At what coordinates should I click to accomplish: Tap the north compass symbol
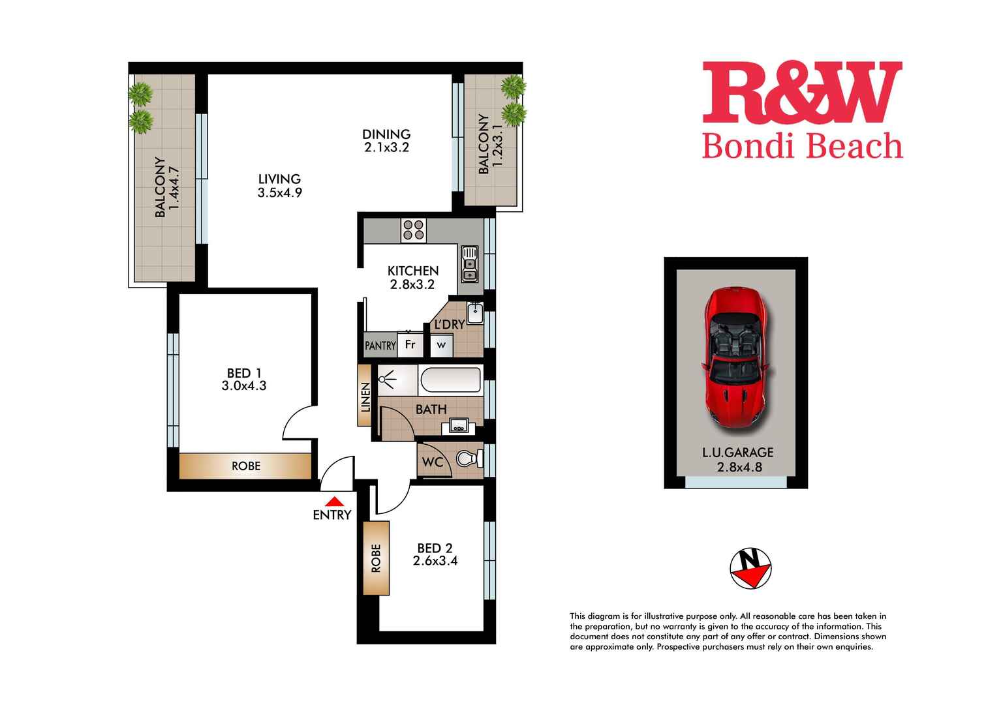click(750, 568)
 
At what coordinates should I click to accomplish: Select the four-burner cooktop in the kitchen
click(413, 230)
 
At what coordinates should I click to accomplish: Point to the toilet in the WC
click(470, 459)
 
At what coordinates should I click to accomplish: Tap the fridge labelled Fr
click(410, 344)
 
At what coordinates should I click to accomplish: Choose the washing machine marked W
click(442, 345)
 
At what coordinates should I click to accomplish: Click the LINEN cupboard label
click(365, 397)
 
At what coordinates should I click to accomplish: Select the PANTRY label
click(380, 345)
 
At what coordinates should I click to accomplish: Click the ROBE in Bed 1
click(245, 466)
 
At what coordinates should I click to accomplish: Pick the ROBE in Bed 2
click(376, 558)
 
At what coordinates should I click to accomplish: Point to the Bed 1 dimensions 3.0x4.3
click(244, 385)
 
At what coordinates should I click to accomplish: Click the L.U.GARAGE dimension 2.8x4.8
click(739, 467)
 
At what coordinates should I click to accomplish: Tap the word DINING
click(386, 134)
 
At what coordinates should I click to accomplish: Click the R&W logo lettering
click(803, 92)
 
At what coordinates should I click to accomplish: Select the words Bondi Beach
click(803, 146)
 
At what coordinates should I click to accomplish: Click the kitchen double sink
click(469, 264)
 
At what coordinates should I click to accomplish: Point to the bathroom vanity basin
click(458, 427)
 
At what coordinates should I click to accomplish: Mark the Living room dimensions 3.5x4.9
click(280, 192)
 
